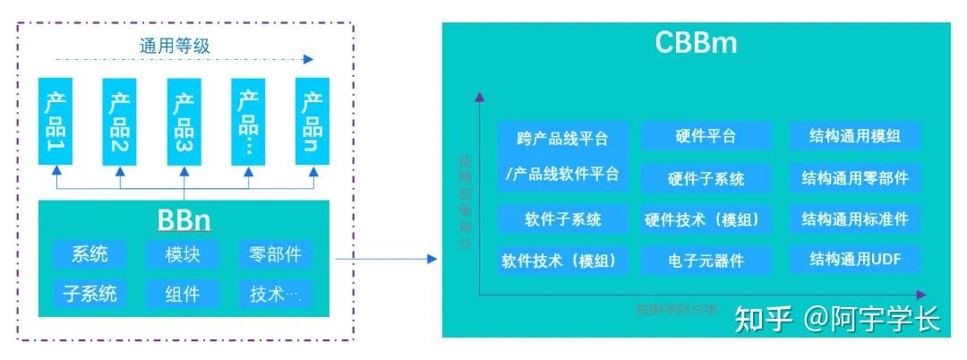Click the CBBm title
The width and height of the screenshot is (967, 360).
click(x=696, y=42)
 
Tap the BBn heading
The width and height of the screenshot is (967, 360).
click(x=184, y=219)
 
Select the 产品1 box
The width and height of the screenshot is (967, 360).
click(x=56, y=121)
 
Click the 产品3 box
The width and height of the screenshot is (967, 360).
click(x=184, y=121)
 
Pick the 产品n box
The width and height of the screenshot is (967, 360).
click(x=312, y=121)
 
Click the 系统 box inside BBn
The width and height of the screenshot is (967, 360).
click(x=90, y=254)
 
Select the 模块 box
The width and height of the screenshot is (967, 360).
click(x=183, y=254)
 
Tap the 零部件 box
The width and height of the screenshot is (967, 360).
click(x=276, y=254)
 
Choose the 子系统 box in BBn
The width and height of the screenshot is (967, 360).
click(x=90, y=293)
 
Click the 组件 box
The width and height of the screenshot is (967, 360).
click(x=183, y=293)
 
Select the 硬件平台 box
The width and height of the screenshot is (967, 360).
click(x=706, y=136)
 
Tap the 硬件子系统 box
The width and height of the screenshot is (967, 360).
click(x=706, y=178)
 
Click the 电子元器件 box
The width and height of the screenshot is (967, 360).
click(x=706, y=261)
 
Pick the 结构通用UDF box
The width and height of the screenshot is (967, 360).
click(x=855, y=260)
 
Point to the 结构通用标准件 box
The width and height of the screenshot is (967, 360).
click(x=855, y=219)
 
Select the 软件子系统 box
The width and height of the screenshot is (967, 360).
click(x=563, y=219)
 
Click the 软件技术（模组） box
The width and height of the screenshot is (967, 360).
click(x=563, y=261)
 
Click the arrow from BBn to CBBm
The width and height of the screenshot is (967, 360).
click(x=385, y=260)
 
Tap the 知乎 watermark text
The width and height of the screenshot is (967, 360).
click(x=764, y=318)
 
